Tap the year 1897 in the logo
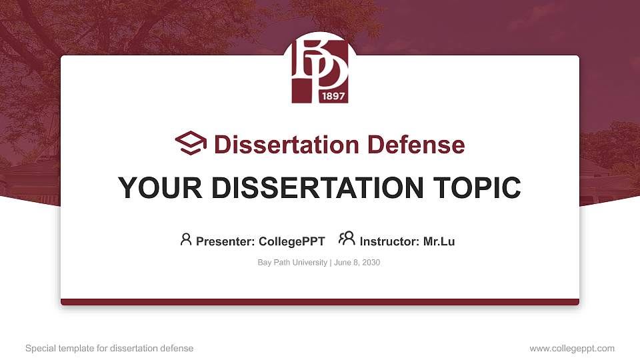(x=333, y=95)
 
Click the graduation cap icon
(x=191, y=143)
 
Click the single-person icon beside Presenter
(x=186, y=239)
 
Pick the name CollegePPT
(x=291, y=241)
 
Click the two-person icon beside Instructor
(x=347, y=239)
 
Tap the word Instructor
(x=389, y=241)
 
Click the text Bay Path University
(x=292, y=263)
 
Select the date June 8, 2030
(x=357, y=263)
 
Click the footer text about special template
(x=109, y=348)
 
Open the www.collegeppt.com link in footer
(x=572, y=348)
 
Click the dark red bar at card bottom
(x=320, y=302)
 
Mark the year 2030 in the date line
(x=371, y=263)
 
